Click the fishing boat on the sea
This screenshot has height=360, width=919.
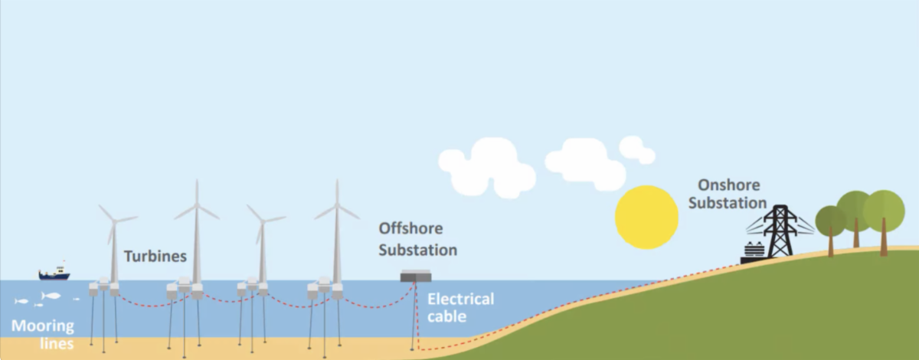tap(54, 273)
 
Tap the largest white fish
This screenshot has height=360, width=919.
tap(51, 296)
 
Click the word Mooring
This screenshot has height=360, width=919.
tap(43, 327)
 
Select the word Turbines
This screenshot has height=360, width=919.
tap(155, 257)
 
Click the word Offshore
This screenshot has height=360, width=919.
tap(410, 229)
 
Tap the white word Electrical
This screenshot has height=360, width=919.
tap(460, 299)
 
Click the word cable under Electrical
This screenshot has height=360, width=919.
tap(446, 316)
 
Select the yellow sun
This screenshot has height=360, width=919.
tap(647, 217)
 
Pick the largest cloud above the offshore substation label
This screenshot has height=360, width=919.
tap(485, 166)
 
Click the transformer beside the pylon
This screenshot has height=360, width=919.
tap(754, 251)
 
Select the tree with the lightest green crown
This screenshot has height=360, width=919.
tap(884, 209)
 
